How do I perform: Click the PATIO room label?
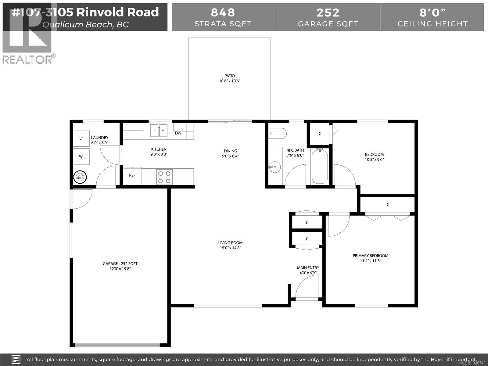pos(230,76)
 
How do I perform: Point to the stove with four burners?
pos(164,177)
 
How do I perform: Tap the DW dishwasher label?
pos(178,133)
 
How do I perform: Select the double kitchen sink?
pos(159,130)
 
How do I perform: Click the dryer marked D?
pos(81,138)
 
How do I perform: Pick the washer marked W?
pos(81,156)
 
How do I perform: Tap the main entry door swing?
pos(307,287)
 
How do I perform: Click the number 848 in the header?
pos(223,13)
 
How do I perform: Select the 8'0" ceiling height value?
pos(432,13)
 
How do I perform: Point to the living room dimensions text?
pos(230,248)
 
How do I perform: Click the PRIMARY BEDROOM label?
pos(370,256)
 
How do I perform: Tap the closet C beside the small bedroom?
pos(320,134)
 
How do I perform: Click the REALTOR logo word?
pos(27,59)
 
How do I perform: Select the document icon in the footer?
pos(16,359)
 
